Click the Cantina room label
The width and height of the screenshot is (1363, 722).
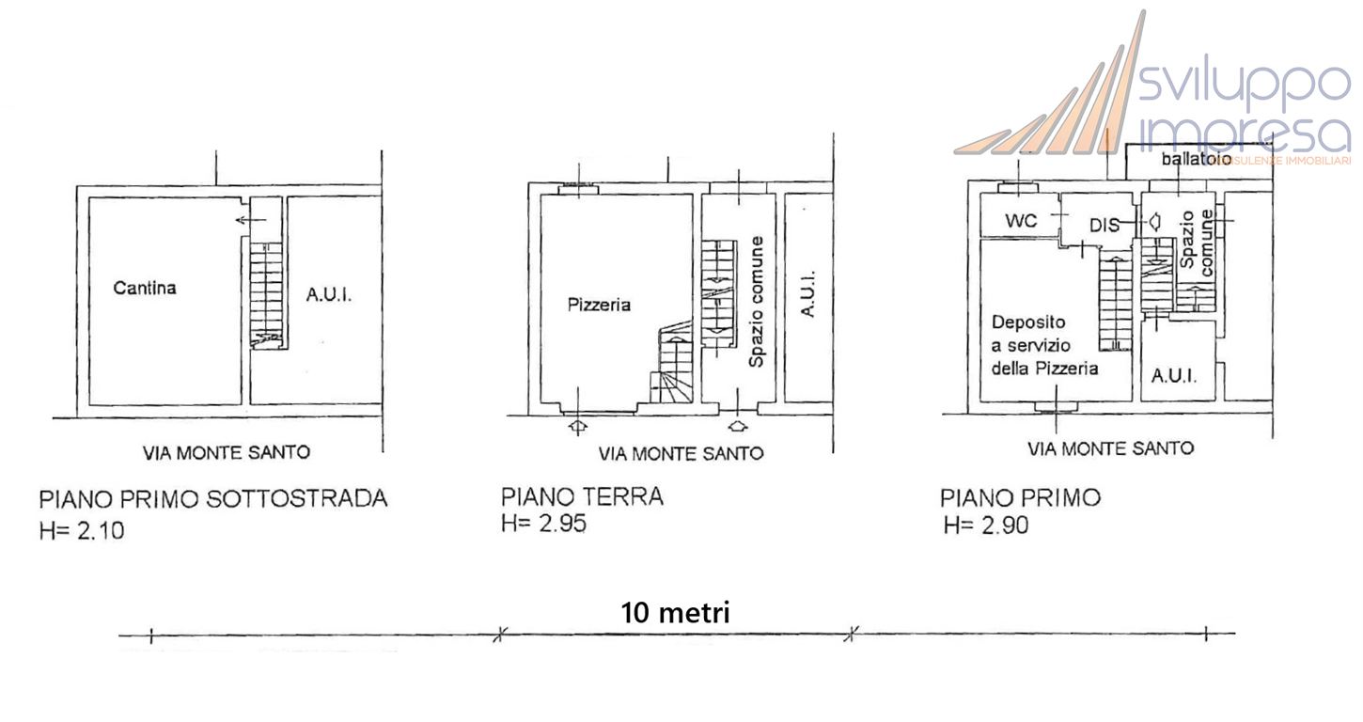click(144, 288)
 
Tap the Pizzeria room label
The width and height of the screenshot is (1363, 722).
click(599, 305)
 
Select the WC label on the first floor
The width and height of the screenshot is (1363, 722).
click(1021, 221)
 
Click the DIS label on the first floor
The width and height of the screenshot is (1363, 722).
click(1105, 225)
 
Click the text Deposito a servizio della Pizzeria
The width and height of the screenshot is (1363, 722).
click(1044, 345)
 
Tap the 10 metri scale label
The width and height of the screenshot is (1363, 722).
click(675, 613)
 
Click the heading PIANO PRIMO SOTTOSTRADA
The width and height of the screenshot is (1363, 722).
click(212, 498)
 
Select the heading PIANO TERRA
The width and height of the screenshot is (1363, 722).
click(581, 496)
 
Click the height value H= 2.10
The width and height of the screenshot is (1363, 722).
click(81, 531)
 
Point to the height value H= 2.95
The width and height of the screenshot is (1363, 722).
click(543, 525)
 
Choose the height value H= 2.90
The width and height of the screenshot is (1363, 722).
click(985, 526)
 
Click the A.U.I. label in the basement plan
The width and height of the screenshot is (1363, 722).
click(329, 294)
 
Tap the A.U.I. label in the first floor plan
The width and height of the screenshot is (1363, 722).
click(1174, 376)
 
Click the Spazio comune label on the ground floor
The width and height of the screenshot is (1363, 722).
click(756, 301)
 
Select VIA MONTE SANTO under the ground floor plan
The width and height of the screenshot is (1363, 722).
click(681, 453)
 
